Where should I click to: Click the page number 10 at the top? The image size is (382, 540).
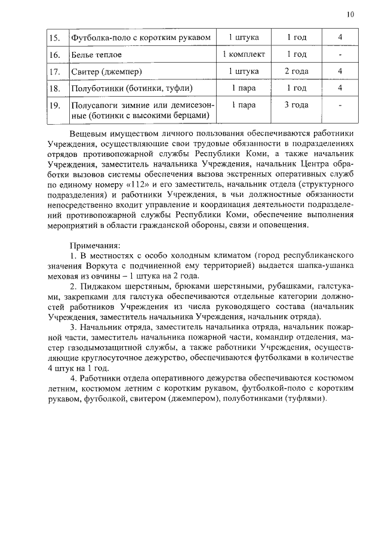click(350, 14)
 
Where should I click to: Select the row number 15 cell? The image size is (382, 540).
click(55, 38)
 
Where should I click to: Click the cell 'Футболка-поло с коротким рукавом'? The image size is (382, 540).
click(140, 38)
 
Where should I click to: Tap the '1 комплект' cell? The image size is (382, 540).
click(244, 55)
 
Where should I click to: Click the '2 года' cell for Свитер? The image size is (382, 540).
click(296, 72)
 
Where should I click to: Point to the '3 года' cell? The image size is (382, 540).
click(296, 105)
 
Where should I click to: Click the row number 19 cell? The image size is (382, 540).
click(55, 105)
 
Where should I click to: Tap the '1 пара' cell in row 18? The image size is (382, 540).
click(244, 88)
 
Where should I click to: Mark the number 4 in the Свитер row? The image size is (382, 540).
click(340, 72)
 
